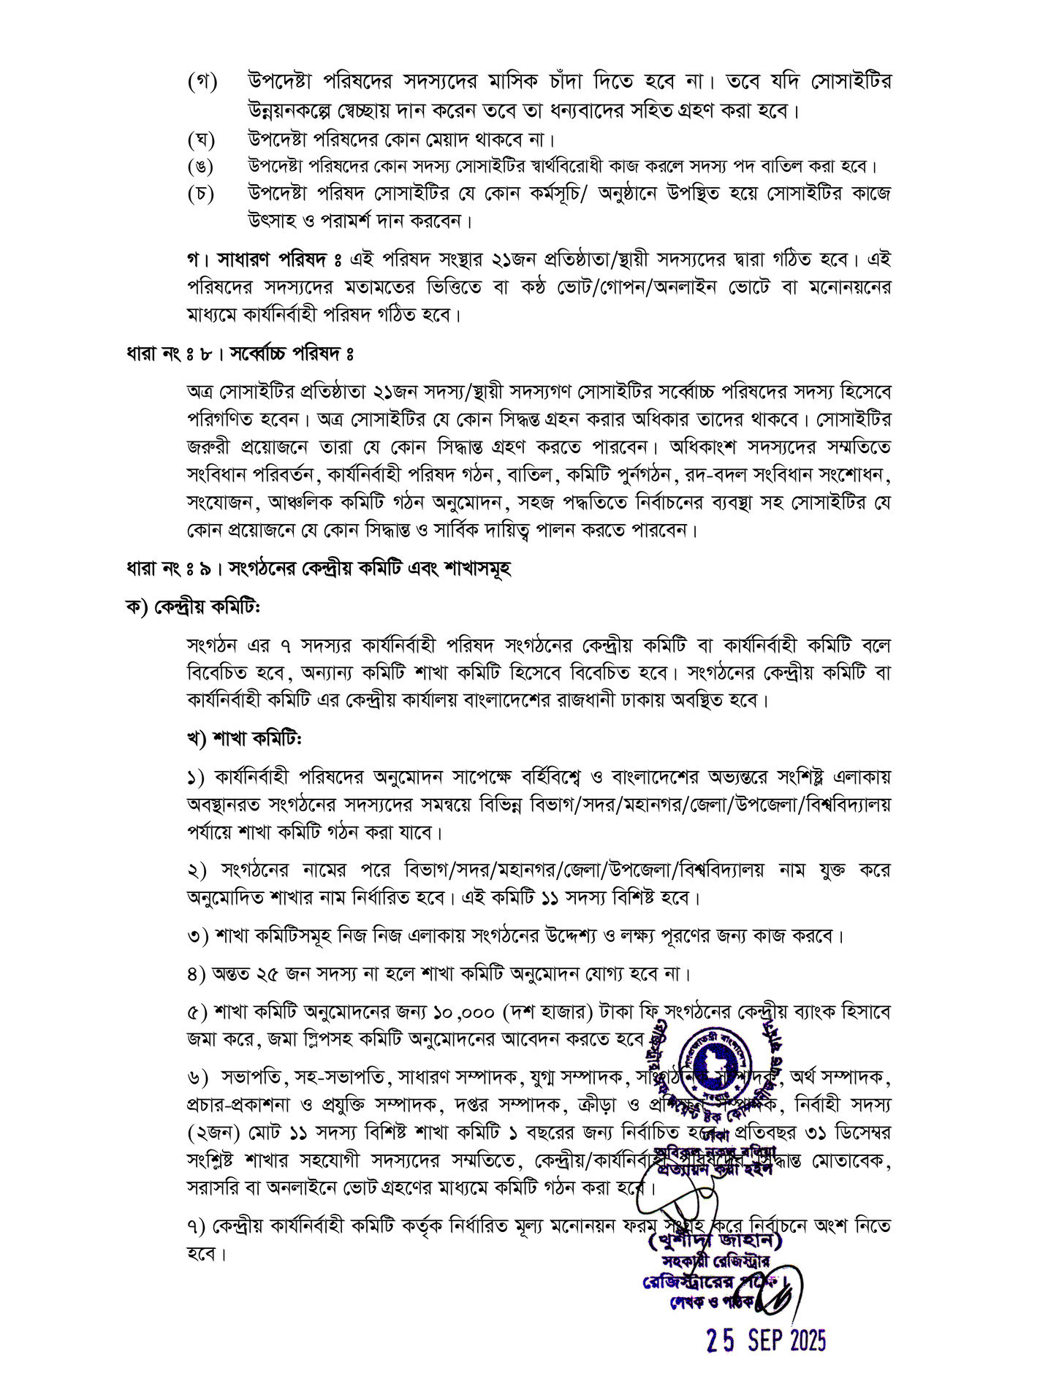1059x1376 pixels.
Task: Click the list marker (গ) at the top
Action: tap(202, 83)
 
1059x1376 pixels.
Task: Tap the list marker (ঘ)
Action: tap(202, 139)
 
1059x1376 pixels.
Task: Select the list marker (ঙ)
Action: tap(202, 167)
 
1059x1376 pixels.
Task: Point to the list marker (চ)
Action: tap(202, 194)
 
